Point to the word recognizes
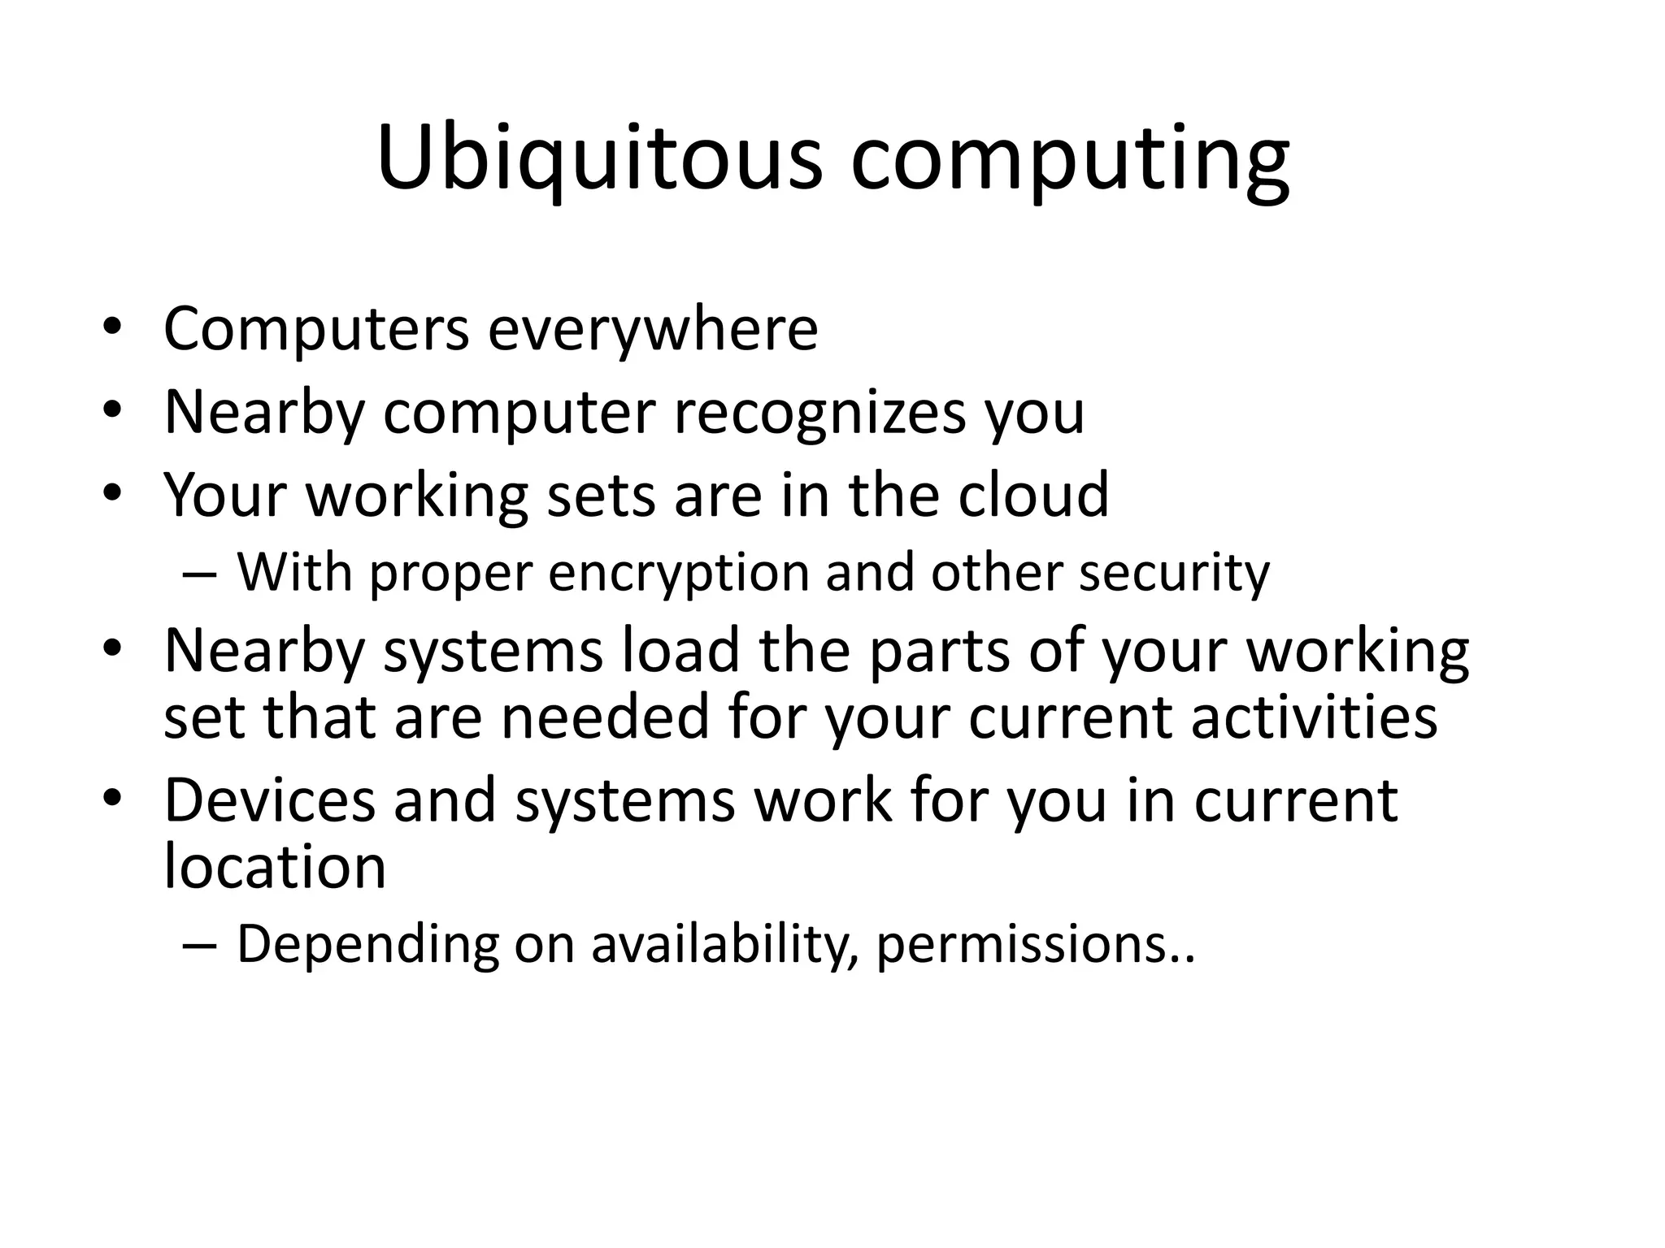[820, 412]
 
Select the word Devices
[270, 799]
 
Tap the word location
[275, 866]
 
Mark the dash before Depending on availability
[199, 946]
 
